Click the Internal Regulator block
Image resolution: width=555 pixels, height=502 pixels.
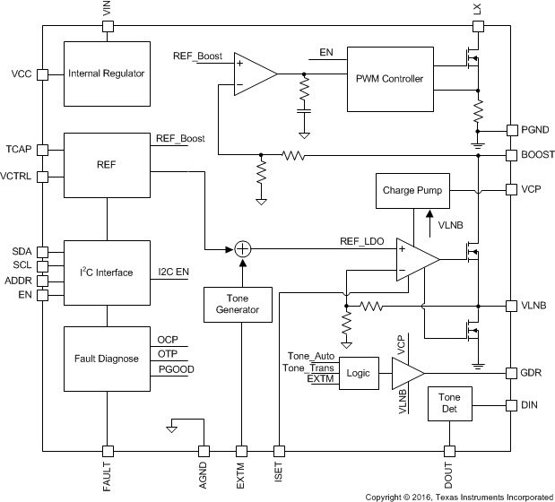(x=107, y=74)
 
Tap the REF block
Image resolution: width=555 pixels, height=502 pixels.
(x=107, y=165)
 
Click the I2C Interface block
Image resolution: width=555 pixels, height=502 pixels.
(x=107, y=273)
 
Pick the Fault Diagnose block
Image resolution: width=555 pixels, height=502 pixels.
(x=107, y=359)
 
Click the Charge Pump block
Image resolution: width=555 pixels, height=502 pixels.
(x=412, y=191)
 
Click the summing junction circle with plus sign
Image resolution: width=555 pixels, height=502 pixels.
(x=239, y=250)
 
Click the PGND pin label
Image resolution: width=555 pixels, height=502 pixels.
(x=535, y=131)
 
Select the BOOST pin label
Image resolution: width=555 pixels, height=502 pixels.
(x=538, y=155)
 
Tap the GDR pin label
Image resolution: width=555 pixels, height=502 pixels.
(x=533, y=371)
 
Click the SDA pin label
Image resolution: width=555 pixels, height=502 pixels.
(x=21, y=252)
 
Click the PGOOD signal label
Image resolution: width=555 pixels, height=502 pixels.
(x=177, y=368)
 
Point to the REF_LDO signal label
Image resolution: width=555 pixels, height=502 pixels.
(x=361, y=240)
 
